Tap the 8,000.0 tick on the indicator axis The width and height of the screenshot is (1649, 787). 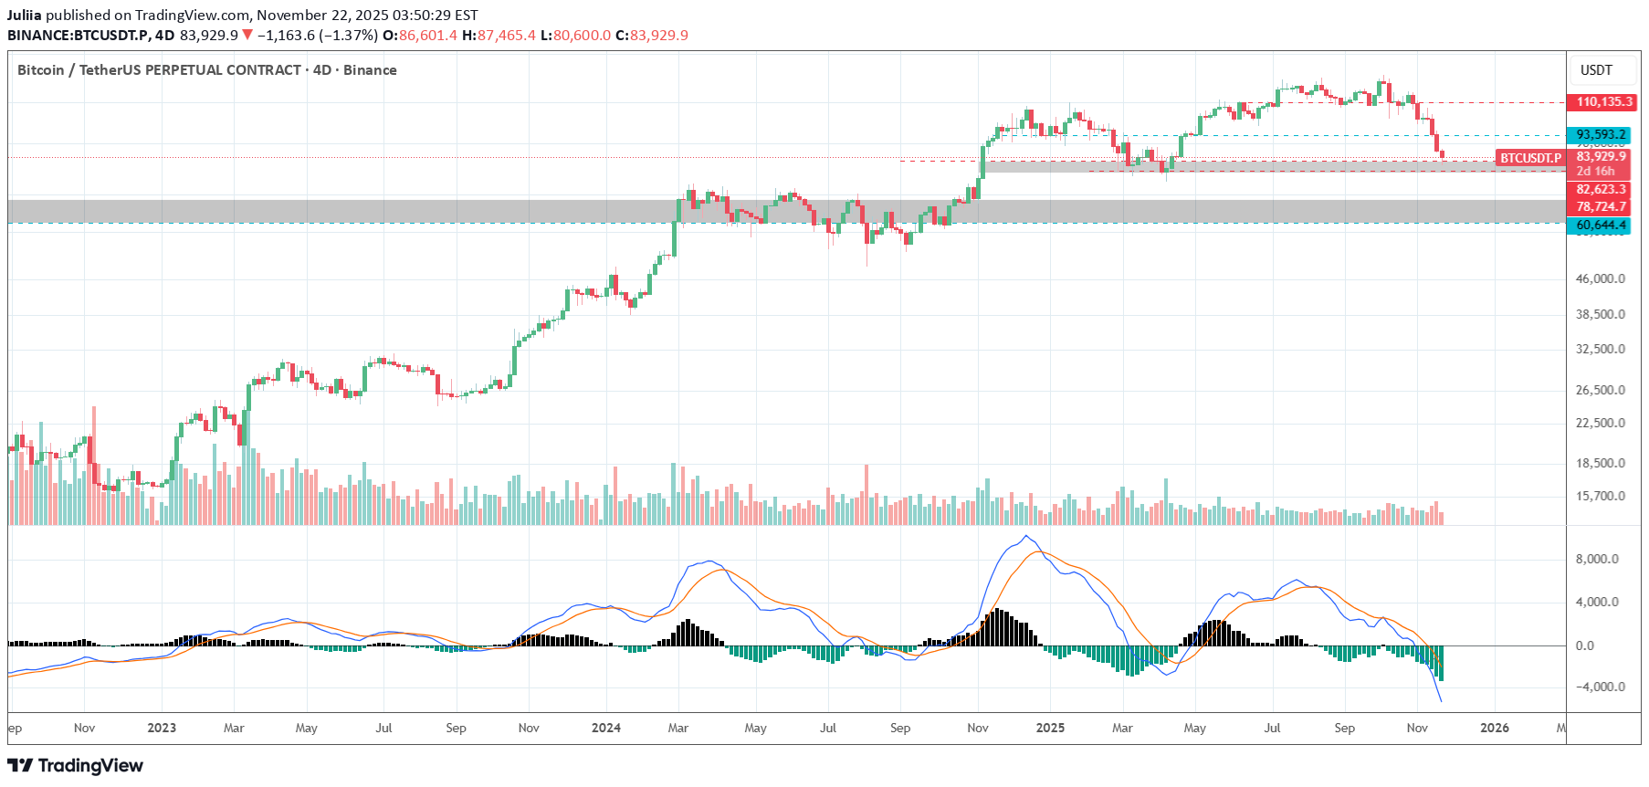(x=1598, y=560)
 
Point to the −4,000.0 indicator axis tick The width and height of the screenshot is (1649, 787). (x=1596, y=687)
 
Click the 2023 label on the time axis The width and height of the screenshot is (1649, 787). (x=162, y=729)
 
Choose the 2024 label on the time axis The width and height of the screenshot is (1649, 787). (x=606, y=729)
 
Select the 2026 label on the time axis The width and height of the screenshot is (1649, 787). (x=1495, y=729)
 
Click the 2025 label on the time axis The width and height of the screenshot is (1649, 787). (x=1050, y=729)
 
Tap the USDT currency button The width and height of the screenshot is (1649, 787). (x=1596, y=70)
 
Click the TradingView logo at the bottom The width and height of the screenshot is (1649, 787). (x=76, y=766)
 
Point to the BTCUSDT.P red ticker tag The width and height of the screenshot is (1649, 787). (x=1530, y=159)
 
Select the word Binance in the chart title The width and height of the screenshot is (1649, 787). (x=370, y=70)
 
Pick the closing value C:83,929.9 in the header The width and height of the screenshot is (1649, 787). (x=652, y=36)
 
